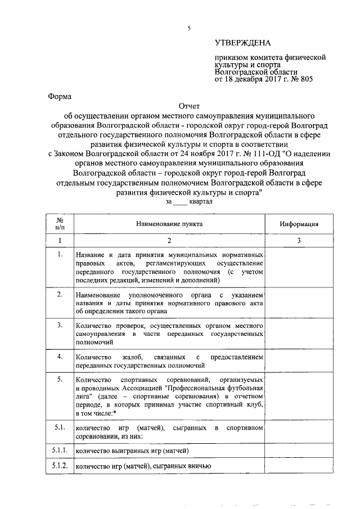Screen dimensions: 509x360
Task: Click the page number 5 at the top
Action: [x=190, y=28]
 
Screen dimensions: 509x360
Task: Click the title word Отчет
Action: [x=189, y=106]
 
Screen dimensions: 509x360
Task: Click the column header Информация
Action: [x=299, y=223]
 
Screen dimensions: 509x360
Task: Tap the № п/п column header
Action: [x=60, y=223]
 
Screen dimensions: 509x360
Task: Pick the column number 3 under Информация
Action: [x=299, y=240]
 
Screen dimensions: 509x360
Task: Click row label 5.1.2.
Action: [x=60, y=466]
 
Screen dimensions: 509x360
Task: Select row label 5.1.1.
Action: [x=60, y=451]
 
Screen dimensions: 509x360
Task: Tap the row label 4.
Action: [x=60, y=356]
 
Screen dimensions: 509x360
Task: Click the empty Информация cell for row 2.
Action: [x=299, y=302]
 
